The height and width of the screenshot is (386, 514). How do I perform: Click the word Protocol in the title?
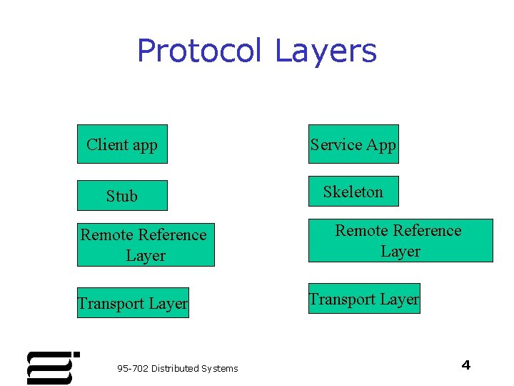tap(201, 51)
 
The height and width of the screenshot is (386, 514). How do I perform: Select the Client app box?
tap(122, 144)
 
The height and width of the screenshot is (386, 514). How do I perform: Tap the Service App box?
tap(353, 144)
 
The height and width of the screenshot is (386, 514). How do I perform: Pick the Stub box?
tap(122, 196)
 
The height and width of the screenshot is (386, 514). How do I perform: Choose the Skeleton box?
tap(353, 192)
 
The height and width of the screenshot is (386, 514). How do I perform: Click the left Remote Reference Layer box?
tap(145, 245)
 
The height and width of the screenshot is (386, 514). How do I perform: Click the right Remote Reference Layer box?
tap(400, 241)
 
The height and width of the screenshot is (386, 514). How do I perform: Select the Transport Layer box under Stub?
tap(133, 303)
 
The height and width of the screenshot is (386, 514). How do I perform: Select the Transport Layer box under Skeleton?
tap(364, 299)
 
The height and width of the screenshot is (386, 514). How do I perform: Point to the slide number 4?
tap(466, 365)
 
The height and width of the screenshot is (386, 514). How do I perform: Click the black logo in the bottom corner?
tap(52, 367)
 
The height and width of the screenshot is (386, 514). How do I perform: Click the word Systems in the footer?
tap(220, 369)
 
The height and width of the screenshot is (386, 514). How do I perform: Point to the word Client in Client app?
tap(107, 144)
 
